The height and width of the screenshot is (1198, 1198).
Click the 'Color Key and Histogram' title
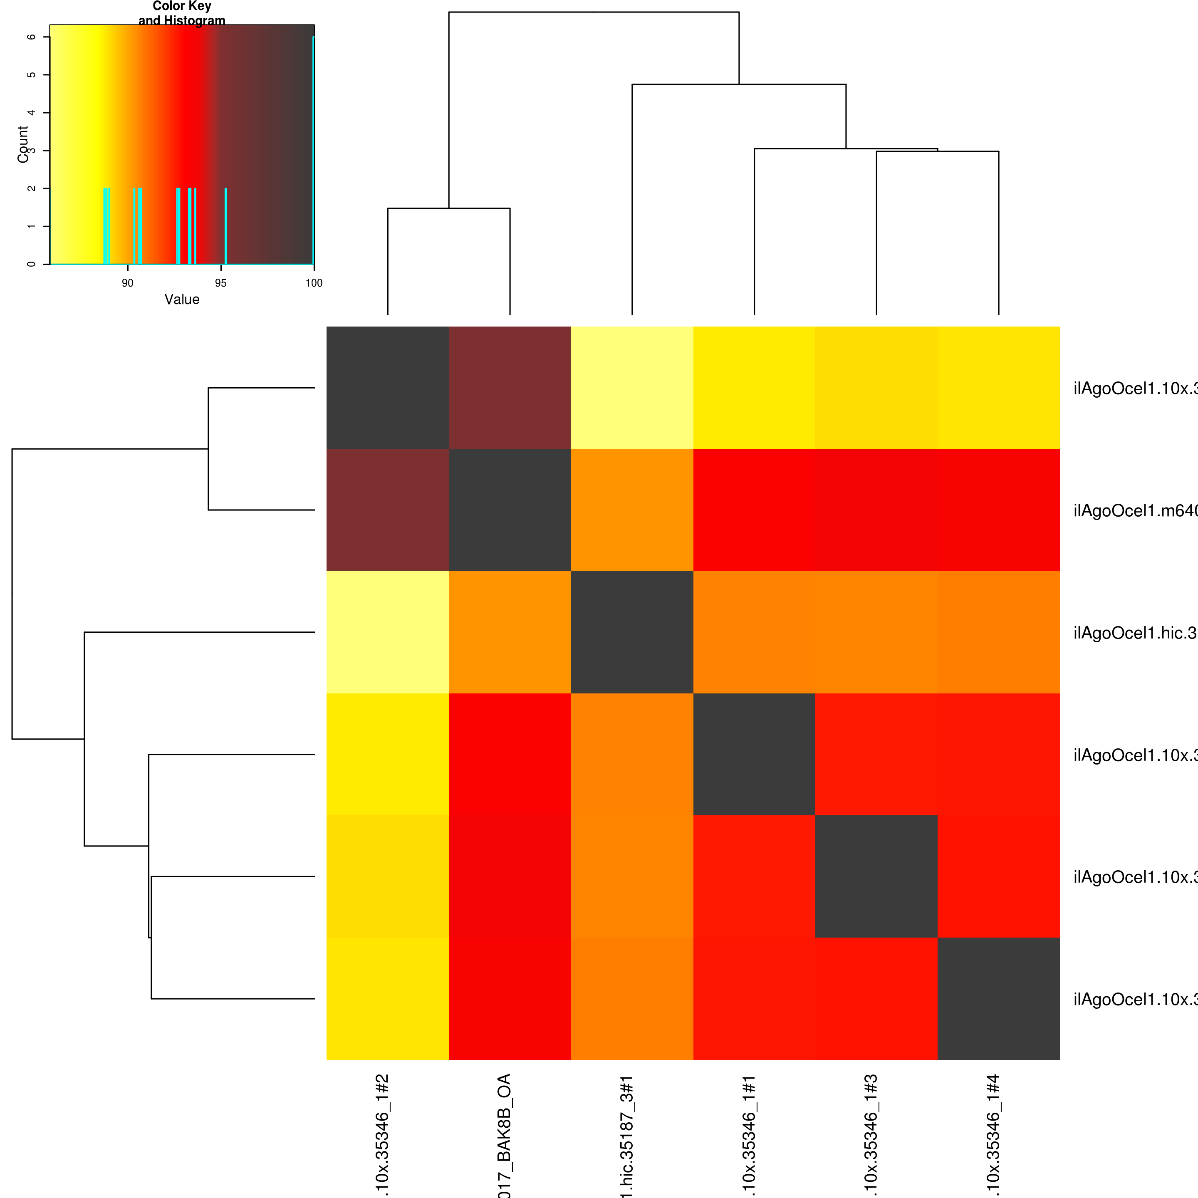182,13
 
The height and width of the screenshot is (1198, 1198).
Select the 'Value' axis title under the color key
182,299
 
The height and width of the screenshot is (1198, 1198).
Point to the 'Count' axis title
23,144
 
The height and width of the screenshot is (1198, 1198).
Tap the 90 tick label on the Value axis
128,283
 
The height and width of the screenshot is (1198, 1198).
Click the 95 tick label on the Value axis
221,283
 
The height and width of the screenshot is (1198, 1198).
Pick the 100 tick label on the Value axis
314,283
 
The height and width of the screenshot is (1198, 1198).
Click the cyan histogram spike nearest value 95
226,226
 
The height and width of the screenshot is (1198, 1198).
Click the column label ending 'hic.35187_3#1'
626,1135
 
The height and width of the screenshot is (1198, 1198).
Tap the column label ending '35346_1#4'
993,1135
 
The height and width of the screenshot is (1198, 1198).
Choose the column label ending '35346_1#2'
382,1135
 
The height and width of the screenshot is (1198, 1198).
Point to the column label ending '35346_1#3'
871,1135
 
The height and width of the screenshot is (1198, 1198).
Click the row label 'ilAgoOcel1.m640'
1135,510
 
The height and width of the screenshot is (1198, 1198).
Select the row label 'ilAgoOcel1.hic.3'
1135,632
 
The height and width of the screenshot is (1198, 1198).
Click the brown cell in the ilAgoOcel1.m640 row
388,510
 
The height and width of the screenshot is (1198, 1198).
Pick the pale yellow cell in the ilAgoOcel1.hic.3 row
388,632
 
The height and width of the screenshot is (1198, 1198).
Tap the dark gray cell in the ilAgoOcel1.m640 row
510,510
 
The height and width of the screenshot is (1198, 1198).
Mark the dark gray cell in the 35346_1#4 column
998,998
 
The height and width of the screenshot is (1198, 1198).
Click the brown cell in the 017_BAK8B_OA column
510,388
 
